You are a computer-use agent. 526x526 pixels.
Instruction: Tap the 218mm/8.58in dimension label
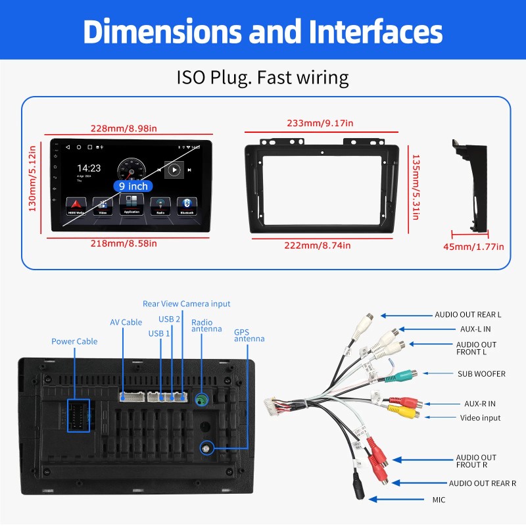point(124,243)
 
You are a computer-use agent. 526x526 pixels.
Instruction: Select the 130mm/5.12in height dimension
point(32,178)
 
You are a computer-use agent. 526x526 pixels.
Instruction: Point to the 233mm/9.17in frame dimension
point(320,123)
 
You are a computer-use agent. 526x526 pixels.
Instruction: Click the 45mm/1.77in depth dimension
point(473,247)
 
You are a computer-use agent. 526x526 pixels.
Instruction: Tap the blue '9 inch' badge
point(133,186)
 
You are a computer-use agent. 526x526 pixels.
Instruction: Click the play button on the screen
point(174,170)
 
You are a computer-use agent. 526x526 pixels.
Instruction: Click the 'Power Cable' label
point(74,341)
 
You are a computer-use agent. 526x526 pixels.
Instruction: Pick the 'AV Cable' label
point(126,322)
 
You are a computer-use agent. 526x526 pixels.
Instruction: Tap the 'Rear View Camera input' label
point(187,304)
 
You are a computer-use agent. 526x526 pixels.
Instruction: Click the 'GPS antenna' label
point(249,335)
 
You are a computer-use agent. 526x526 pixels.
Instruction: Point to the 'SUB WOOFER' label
point(481,373)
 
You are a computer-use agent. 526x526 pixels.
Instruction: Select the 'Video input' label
point(481,418)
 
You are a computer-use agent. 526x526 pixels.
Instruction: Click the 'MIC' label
point(439,500)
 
